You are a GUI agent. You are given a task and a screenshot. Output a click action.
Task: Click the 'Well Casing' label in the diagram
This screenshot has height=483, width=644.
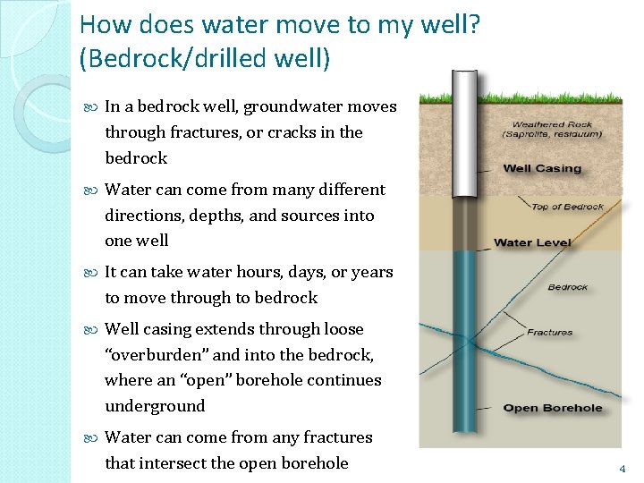point(542,168)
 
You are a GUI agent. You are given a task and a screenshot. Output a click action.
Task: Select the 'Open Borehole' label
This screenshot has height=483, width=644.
point(553,408)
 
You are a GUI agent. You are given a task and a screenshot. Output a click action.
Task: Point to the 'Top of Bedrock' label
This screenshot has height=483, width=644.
point(568,208)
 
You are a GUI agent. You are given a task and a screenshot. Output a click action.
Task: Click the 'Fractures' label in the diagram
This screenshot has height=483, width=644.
point(549,332)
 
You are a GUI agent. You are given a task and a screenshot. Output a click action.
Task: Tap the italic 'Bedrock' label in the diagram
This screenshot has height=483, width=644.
point(567,287)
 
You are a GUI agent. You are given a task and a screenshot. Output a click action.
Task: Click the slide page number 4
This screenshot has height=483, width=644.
point(622,468)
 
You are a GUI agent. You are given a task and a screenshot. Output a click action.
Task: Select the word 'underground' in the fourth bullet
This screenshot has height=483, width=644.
point(155,406)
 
